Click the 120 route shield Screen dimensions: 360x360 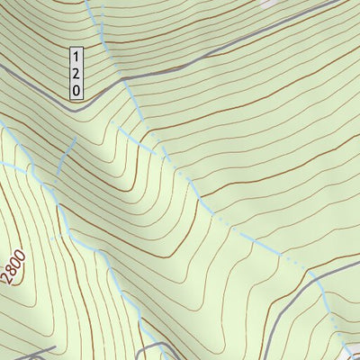click(x=77, y=73)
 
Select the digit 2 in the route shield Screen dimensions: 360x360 click(x=77, y=73)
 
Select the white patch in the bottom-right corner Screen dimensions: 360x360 click(x=354, y=351)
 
